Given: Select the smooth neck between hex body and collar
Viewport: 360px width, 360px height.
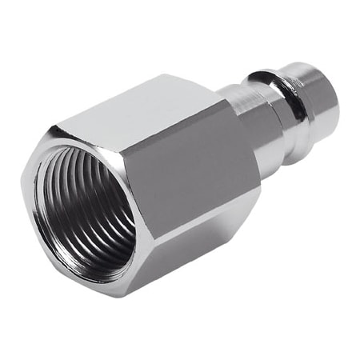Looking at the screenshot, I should (x=244, y=112).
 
